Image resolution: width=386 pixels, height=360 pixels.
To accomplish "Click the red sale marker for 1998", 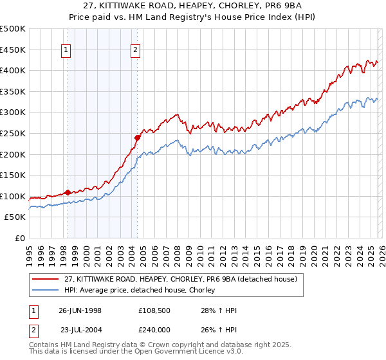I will (68, 192).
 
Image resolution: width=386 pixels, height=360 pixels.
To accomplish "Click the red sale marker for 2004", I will (137, 138).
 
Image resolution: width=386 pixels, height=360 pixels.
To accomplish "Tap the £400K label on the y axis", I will (14, 70).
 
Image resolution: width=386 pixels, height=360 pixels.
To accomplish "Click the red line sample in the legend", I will (46, 280).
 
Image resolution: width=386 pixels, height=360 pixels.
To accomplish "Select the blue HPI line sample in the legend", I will (46, 291).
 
